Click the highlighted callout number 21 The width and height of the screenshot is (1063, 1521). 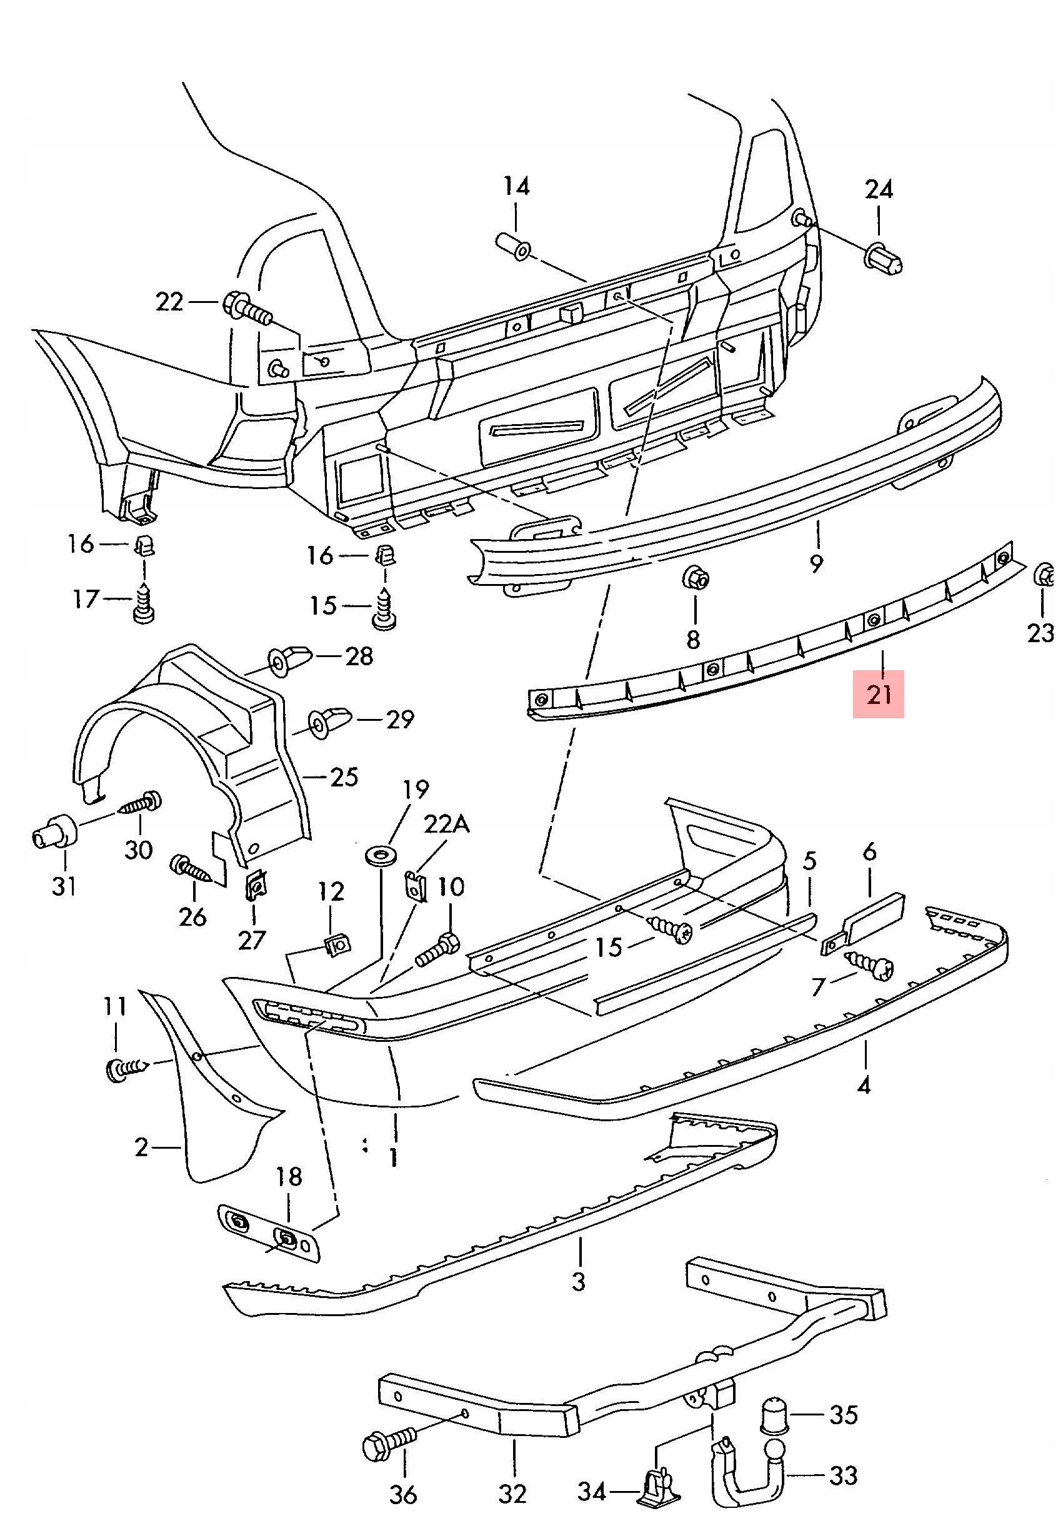[x=879, y=693]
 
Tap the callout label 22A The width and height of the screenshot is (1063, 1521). [x=446, y=824]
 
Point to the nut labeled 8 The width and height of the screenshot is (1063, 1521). [x=695, y=578]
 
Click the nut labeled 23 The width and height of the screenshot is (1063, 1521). [x=1043, y=574]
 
